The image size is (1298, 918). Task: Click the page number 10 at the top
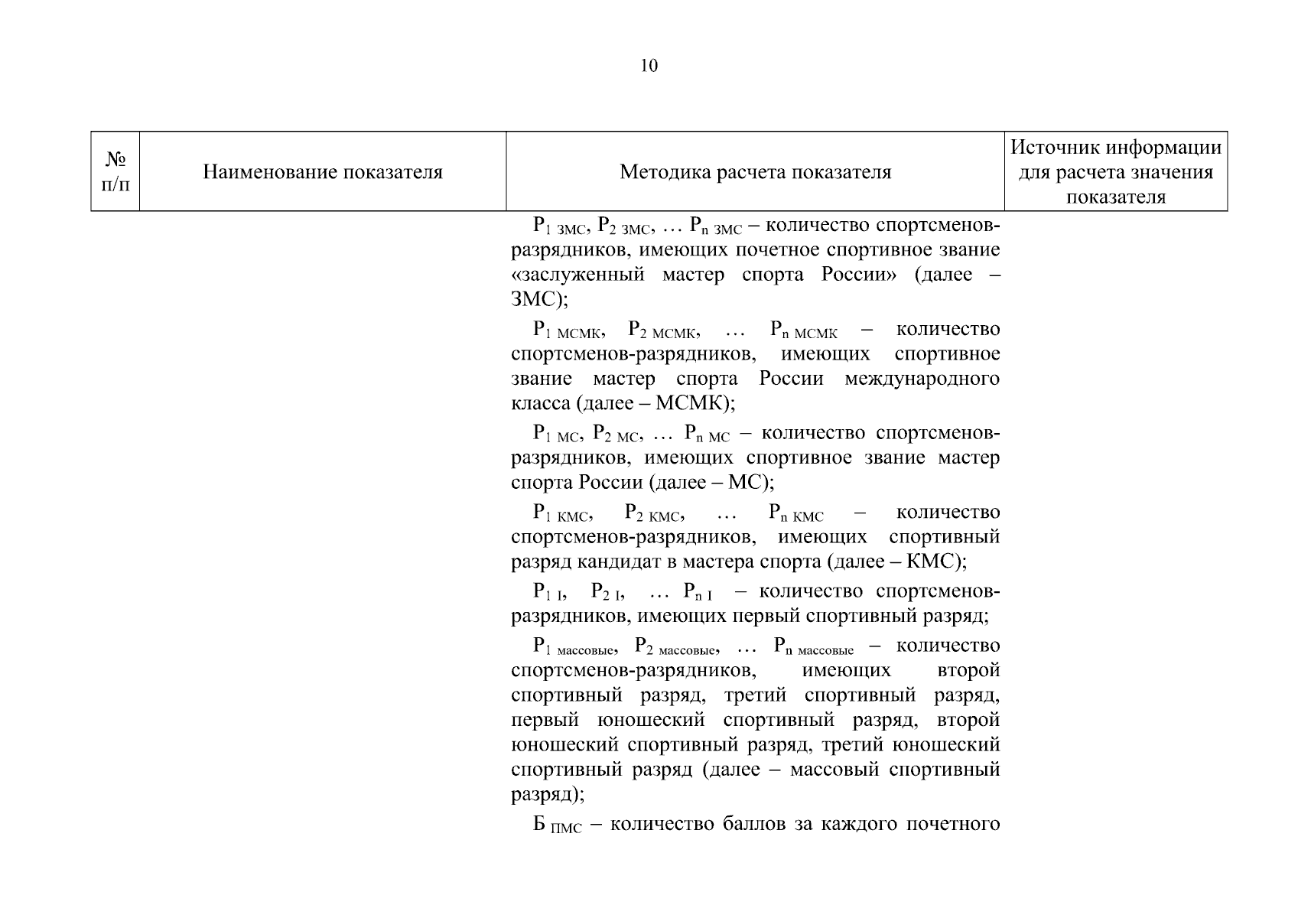tap(648, 66)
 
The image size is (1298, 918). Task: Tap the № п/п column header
tap(115, 171)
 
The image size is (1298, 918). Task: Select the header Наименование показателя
tap(323, 172)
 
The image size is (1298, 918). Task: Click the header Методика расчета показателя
tap(755, 172)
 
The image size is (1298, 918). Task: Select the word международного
tap(922, 379)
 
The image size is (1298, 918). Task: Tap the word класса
tap(540, 403)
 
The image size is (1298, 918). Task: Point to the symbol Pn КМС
tap(795, 513)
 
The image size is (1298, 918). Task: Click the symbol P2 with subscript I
tap(608, 592)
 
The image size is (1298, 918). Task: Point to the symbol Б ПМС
tap(558, 825)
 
